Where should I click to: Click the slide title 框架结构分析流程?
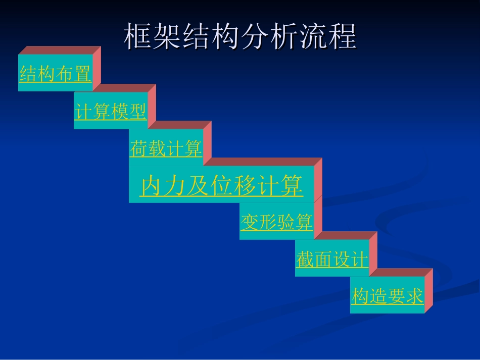click(x=240, y=36)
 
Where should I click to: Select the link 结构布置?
click(x=55, y=74)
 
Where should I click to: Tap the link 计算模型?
click(x=111, y=112)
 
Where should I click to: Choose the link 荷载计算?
click(x=166, y=149)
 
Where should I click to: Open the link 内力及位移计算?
click(x=221, y=186)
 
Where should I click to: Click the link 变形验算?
click(x=276, y=222)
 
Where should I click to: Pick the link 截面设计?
click(x=332, y=260)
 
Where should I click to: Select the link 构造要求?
click(x=387, y=296)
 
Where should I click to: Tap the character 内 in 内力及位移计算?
click(x=152, y=186)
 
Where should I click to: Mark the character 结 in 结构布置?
click(x=28, y=74)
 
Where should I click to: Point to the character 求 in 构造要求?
click(x=414, y=296)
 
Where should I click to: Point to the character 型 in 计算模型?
click(x=137, y=112)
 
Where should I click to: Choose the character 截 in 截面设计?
click(x=305, y=260)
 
